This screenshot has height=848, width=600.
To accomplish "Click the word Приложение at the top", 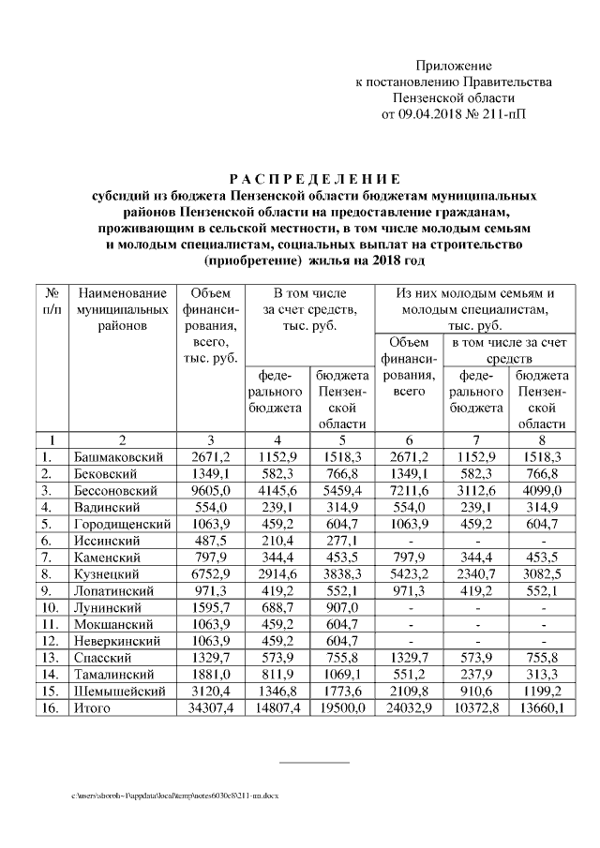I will click(x=455, y=66).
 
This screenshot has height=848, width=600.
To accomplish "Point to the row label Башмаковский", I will click(x=119, y=456).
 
